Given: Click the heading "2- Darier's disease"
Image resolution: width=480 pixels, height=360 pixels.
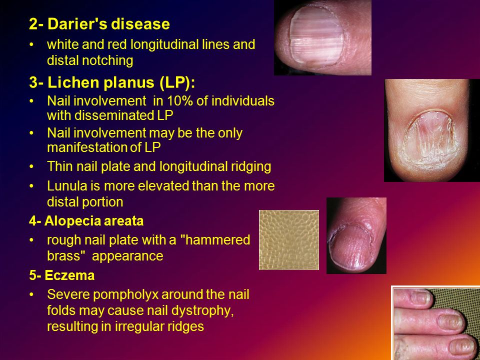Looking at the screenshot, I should (x=99, y=24).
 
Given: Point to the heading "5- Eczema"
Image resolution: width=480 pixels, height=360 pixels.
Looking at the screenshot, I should (x=62, y=275).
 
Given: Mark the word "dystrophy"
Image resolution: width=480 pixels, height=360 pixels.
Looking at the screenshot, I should (x=205, y=310).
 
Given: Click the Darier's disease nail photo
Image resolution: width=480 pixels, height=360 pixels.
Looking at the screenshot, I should (x=322, y=37).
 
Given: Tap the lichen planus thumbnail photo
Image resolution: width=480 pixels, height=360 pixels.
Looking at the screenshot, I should (x=431, y=130).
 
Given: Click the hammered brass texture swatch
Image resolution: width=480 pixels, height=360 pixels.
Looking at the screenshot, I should (x=289, y=239).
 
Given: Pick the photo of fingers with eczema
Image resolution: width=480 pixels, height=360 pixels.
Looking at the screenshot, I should (x=435, y=322).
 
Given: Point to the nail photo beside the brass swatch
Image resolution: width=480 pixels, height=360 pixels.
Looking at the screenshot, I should (x=356, y=235).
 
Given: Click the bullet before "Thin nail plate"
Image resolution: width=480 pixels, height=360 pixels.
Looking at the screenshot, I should (x=32, y=166).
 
